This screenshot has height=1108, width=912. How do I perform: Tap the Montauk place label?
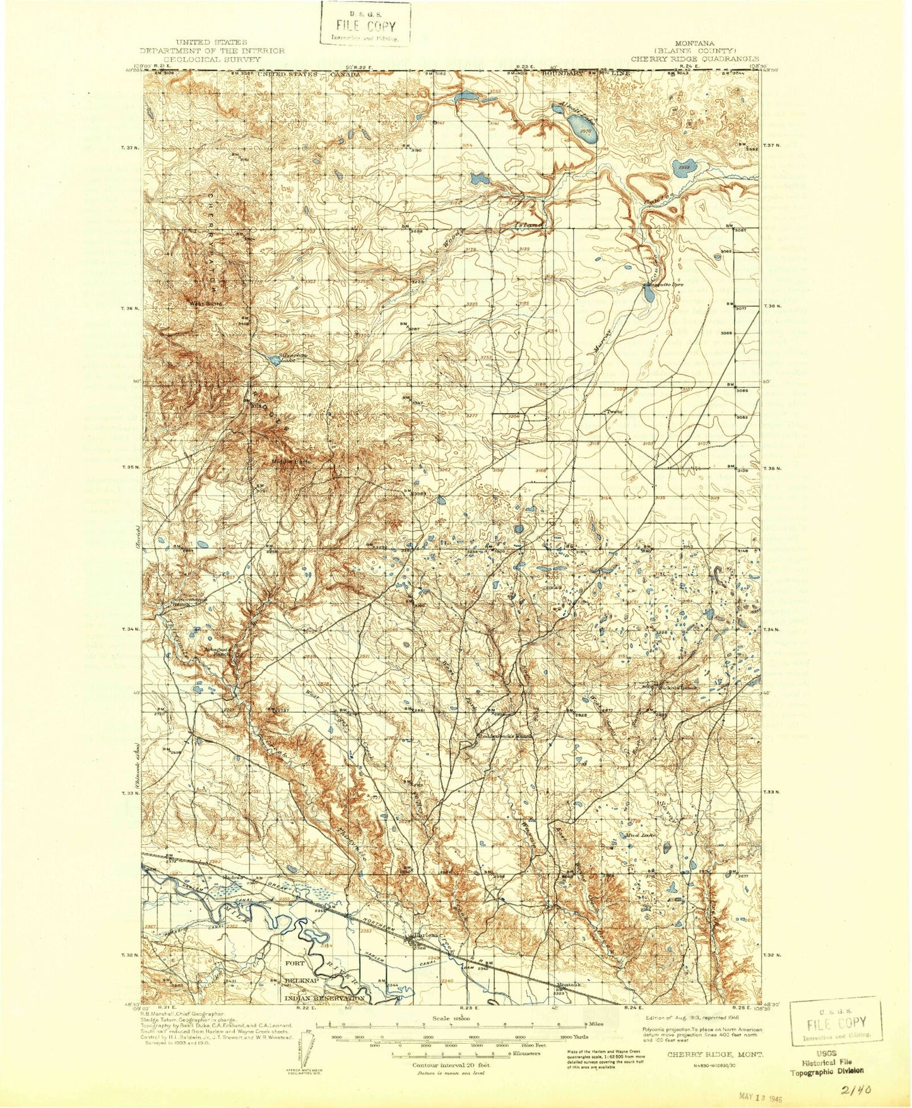[x=569, y=986]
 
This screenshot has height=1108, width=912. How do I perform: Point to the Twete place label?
[x=615, y=412]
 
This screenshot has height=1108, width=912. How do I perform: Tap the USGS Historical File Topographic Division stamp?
[x=826, y=1062]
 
